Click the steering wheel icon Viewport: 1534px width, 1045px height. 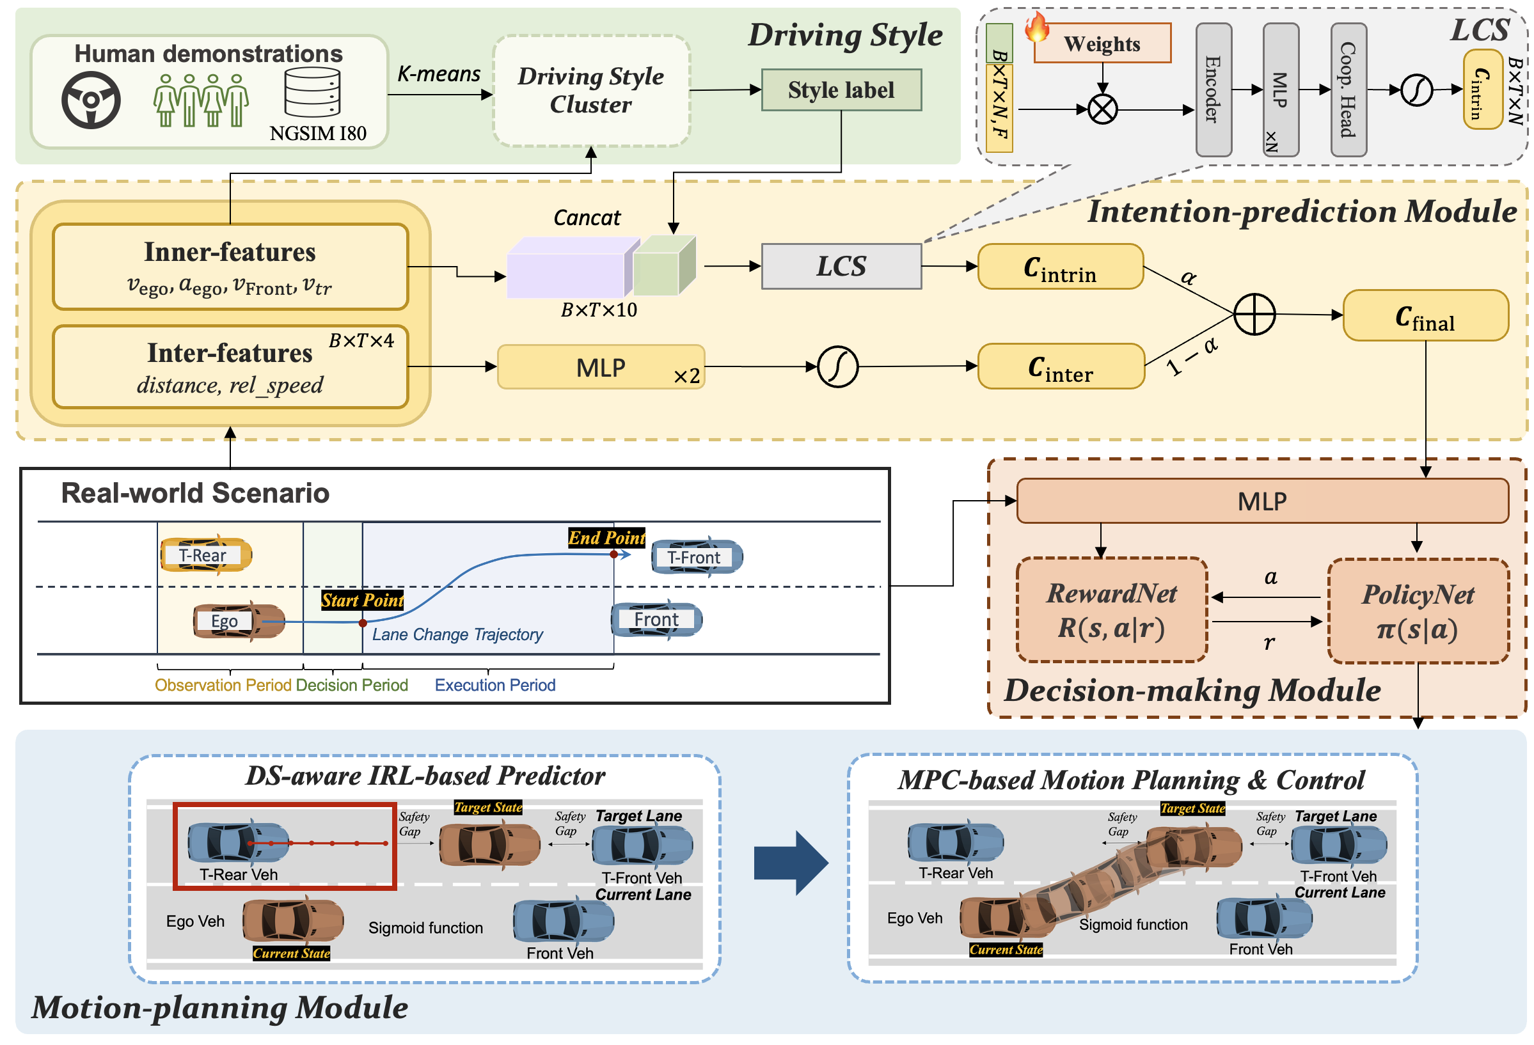tap(91, 100)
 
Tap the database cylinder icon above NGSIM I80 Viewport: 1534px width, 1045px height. tap(312, 92)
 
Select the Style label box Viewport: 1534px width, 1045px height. tap(841, 90)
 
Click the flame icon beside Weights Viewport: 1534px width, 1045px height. tap(1037, 27)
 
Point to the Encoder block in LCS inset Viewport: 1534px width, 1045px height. tap(1214, 90)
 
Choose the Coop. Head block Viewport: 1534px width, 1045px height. tap(1348, 90)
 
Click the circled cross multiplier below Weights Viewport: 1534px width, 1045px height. tap(1102, 109)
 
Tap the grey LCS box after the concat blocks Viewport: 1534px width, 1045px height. tap(841, 267)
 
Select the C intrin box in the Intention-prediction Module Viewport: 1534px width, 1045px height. tap(1060, 267)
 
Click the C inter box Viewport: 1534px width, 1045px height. tap(1060, 367)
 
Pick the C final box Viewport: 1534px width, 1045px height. tap(1425, 315)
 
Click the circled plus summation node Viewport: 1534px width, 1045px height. tap(1254, 314)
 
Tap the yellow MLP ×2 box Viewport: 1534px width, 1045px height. tap(601, 368)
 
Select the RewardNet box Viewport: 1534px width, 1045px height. tap(1112, 610)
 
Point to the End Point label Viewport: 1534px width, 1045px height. tap(606, 538)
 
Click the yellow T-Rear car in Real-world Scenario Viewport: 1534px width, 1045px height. tap(205, 555)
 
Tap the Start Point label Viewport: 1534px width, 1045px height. tap(361, 600)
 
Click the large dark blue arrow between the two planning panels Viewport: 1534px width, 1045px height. tap(790, 862)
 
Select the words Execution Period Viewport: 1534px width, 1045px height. tap(494, 685)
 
